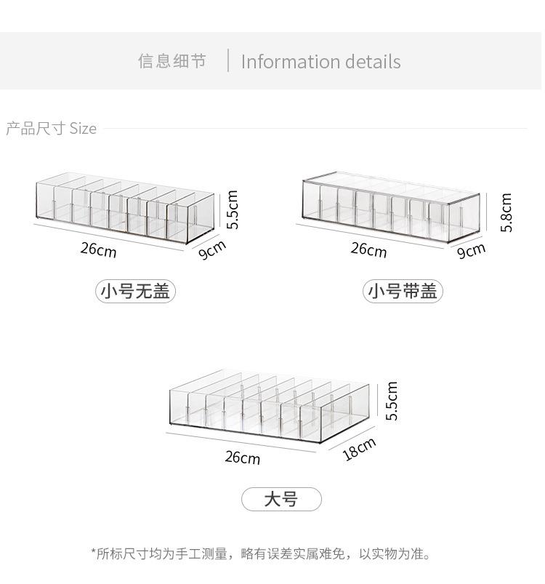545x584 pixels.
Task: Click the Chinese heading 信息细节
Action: pos(172,61)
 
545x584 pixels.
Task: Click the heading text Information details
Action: pos(320,62)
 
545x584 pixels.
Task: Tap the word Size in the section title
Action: pos(83,129)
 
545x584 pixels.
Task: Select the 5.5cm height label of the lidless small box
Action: pos(232,209)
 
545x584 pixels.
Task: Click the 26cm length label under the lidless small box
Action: pos(99,249)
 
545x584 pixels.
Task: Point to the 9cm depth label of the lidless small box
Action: pos(211,249)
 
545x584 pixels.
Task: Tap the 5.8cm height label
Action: pos(506,212)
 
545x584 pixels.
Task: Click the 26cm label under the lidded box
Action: pos(368,249)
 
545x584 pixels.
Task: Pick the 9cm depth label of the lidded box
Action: pos(471,250)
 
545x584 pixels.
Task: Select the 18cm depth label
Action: pos(359,449)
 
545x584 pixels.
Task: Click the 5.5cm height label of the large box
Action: pos(392,401)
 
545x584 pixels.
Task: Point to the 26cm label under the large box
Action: pos(243,457)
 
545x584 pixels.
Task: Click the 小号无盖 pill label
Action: pos(135,291)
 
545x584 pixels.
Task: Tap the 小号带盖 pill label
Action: pos(403,291)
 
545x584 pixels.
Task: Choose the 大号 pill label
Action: pos(281,499)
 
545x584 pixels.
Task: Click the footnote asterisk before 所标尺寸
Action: pos(93,551)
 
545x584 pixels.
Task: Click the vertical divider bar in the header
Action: pos(228,60)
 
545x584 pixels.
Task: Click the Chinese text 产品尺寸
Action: pos(36,129)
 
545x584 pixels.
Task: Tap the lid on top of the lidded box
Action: pos(392,188)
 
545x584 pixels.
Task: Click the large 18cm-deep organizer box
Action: pos(269,406)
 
